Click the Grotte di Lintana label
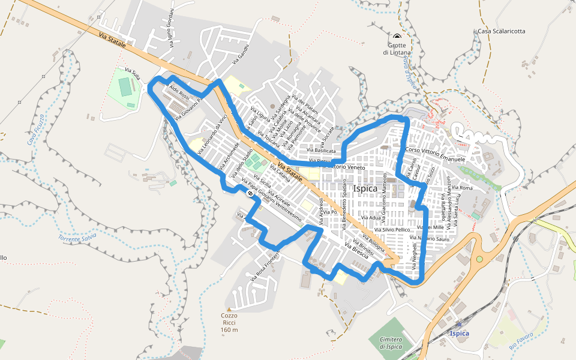[x=396, y=49]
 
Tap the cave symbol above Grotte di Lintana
[x=397, y=37]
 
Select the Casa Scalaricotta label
[x=502, y=31]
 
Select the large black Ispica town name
[x=366, y=188]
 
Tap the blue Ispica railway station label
[x=459, y=333]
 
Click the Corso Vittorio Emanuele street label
[x=436, y=154]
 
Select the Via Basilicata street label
[x=321, y=150]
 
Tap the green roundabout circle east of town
[x=479, y=260]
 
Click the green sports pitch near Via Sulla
[x=125, y=87]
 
